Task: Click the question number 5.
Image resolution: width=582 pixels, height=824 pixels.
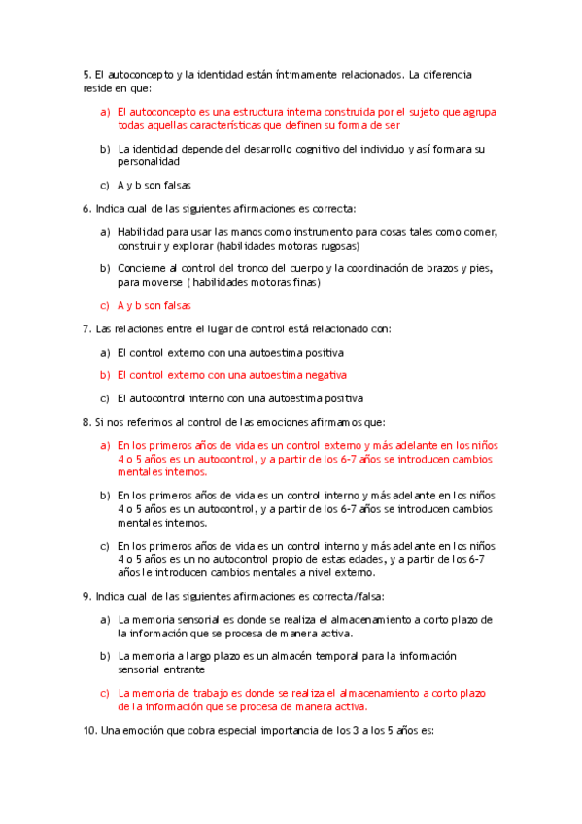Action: pos(86,74)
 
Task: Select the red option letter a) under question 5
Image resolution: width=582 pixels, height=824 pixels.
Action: pos(105,112)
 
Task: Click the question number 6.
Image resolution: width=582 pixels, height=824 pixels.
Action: pos(86,208)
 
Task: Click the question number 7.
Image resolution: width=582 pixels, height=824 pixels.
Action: pos(86,328)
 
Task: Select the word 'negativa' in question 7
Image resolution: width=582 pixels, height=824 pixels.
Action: pos(325,375)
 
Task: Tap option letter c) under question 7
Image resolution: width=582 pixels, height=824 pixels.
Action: pos(105,398)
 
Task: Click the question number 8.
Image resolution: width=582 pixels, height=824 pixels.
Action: pos(86,422)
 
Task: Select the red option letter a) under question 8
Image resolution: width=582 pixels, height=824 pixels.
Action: pos(105,445)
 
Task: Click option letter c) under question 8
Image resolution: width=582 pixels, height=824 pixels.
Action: pos(105,546)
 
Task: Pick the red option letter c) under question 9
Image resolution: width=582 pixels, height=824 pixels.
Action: pos(105,693)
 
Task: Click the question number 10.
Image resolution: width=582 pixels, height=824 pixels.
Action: pos(89,731)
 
